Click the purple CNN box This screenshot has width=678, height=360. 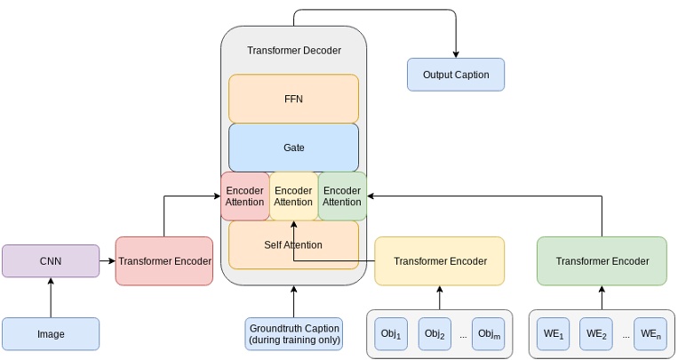[x=51, y=261]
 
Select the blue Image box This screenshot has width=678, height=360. [x=51, y=334]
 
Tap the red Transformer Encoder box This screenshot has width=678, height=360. [x=164, y=261]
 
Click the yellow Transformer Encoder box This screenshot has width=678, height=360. [x=440, y=261]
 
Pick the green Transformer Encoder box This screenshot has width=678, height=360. [x=602, y=261]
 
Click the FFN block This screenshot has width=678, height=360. [x=293, y=99]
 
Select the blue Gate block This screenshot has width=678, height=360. [x=293, y=148]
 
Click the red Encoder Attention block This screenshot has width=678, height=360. [x=244, y=196]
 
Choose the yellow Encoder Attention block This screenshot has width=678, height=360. [x=293, y=196]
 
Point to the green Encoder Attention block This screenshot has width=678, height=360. [x=342, y=196]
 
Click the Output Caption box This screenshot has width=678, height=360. [x=455, y=75]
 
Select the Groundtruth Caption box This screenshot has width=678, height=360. [x=293, y=334]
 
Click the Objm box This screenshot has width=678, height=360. [x=488, y=334]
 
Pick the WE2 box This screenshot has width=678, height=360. [x=596, y=334]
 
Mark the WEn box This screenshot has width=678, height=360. [x=650, y=334]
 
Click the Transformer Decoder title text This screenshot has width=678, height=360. [x=293, y=51]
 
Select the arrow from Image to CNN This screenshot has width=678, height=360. [x=51, y=298]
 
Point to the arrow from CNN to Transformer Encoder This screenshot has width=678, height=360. [x=108, y=261]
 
